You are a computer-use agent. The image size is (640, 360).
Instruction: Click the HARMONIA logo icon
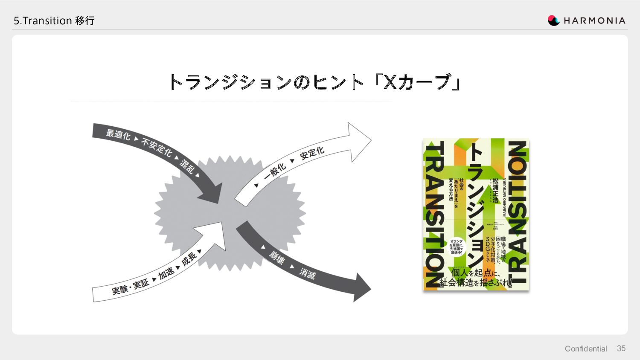[x=553, y=20]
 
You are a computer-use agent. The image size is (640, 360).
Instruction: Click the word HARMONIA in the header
[x=594, y=20]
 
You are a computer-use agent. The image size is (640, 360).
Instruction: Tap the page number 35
[x=621, y=348]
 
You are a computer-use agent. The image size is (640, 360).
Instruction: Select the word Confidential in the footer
[x=585, y=349]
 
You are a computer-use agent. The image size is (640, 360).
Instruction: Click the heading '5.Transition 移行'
[x=54, y=20]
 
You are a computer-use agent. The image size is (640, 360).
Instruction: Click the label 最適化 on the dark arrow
[x=118, y=135]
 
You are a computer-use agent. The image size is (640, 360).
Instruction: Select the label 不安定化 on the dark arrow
[x=157, y=147]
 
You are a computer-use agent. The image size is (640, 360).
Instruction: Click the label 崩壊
[x=276, y=257]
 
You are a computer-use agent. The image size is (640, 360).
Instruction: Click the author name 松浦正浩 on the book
[x=495, y=190]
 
